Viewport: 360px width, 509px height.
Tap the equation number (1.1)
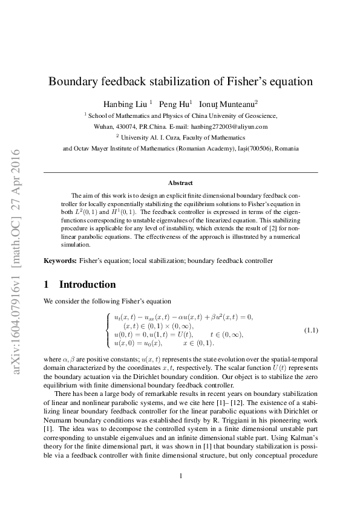(310, 330)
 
